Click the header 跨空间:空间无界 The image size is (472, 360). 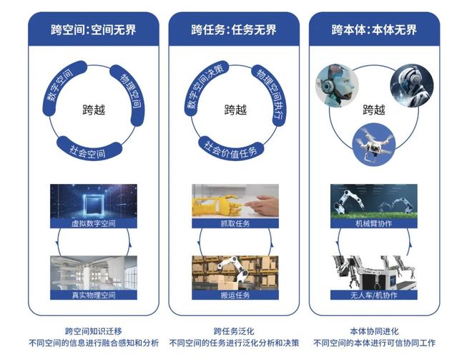coord(93,29)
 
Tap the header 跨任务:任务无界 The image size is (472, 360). coord(234,29)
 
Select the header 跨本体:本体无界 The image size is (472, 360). coord(374,29)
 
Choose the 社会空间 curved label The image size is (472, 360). coord(89,150)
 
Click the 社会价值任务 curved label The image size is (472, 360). coord(231,150)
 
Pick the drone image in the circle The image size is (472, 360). coord(374,145)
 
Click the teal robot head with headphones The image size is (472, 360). coord(337,85)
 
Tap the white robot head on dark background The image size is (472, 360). coord(412,85)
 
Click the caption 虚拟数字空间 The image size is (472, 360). coord(93,223)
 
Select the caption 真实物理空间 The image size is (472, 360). coord(93,296)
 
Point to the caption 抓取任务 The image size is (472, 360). coord(235,223)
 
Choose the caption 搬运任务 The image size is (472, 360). coord(235,296)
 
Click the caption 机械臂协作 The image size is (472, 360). coord(373,223)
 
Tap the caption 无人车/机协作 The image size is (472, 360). coord(373,296)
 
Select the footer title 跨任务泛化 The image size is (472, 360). coord(234,331)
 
